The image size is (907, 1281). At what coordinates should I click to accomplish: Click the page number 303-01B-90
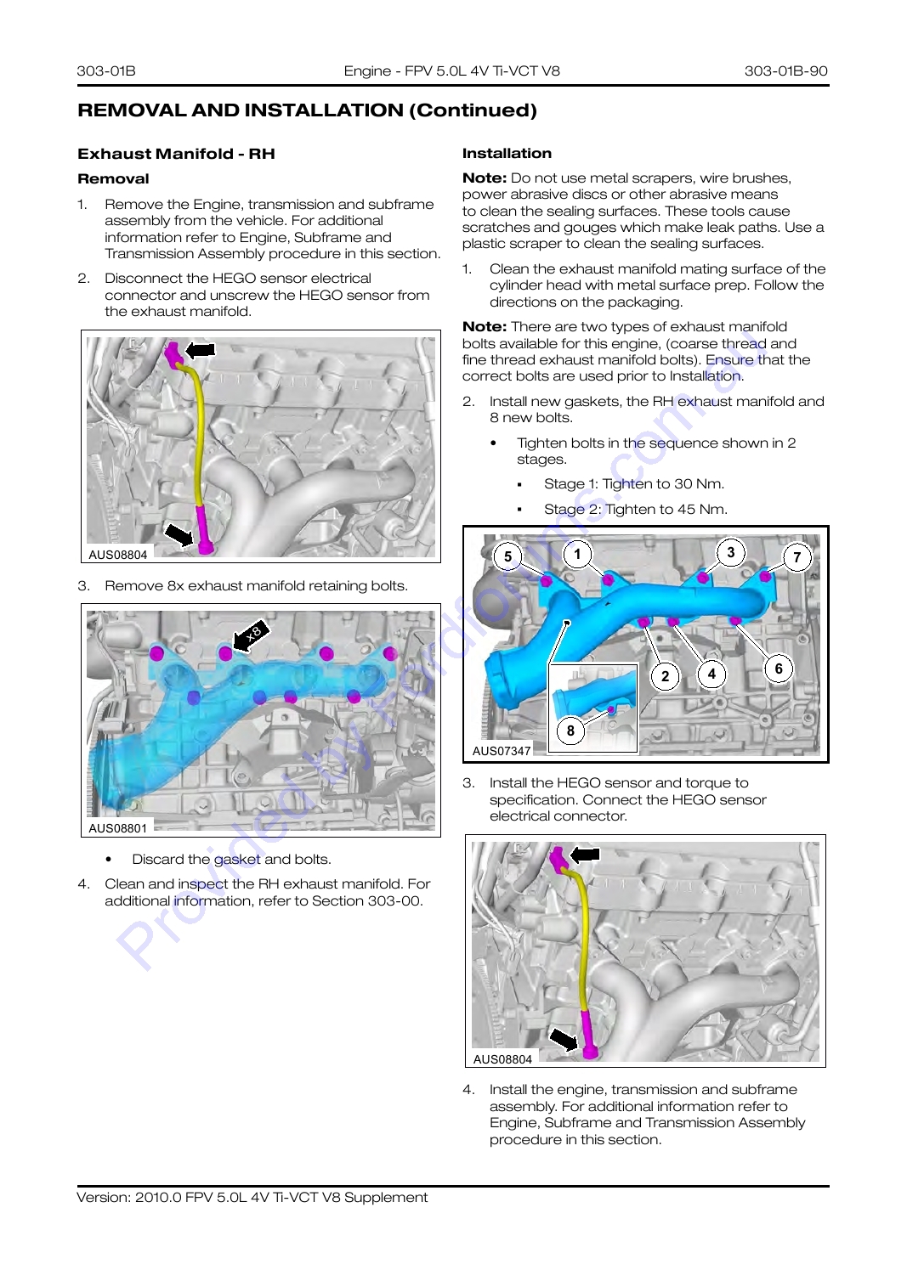[x=785, y=71]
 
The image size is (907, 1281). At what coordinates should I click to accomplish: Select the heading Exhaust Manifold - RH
[x=176, y=154]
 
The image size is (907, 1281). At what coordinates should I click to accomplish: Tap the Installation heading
[x=507, y=153]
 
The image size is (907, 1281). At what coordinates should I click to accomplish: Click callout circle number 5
[x=507, y=556]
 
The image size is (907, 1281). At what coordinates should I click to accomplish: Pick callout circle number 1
[x=577, y=554]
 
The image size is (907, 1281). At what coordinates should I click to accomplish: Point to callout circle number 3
[x=731, y=552]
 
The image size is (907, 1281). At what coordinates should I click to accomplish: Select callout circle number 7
[x=797, y=557]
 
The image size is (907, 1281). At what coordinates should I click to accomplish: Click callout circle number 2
[x=665, y=676]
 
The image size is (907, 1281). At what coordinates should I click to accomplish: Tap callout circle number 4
[x=711, y=674]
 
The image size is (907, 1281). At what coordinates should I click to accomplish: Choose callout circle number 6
[x=779, y=669]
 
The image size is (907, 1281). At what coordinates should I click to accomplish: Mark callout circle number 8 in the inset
[x=570, y=731]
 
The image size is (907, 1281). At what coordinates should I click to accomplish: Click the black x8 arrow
[x=251, y=635]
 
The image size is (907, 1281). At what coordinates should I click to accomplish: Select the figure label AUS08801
[x=118, y=828]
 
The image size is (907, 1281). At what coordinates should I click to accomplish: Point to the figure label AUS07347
[x=502, y=751]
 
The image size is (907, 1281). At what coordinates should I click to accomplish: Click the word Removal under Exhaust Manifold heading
[x=113, y=179]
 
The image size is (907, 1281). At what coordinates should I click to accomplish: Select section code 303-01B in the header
[x=106, y=71]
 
